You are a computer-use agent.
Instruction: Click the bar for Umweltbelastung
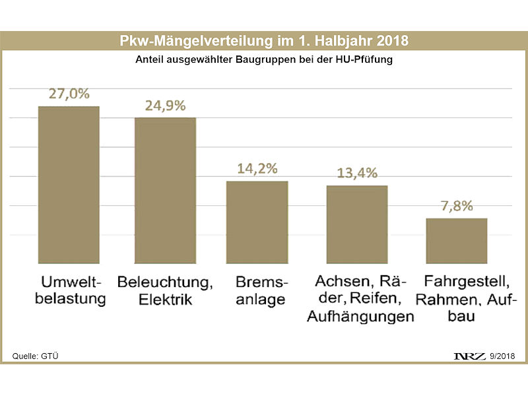coord(69,184)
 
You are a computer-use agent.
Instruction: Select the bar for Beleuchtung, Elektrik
coord(166,190)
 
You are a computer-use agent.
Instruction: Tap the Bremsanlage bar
coord(257,222)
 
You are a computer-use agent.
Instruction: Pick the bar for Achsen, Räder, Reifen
coord(357,224)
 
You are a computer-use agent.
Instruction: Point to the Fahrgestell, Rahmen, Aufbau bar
coord(457,240)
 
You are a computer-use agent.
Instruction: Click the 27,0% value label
coord(69,94)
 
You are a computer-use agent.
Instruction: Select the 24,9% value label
coord(166,106)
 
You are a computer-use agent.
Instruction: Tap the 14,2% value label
coord(257,168)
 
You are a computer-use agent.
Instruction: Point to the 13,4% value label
coord(357,174)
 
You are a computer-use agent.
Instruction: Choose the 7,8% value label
coord(457,206)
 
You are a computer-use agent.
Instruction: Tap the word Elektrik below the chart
coord(165,299)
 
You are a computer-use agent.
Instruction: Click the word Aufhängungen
coord(360,316)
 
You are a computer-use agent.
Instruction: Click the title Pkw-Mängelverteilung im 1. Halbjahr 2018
coord(264,41)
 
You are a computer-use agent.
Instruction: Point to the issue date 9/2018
coord(504,357)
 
